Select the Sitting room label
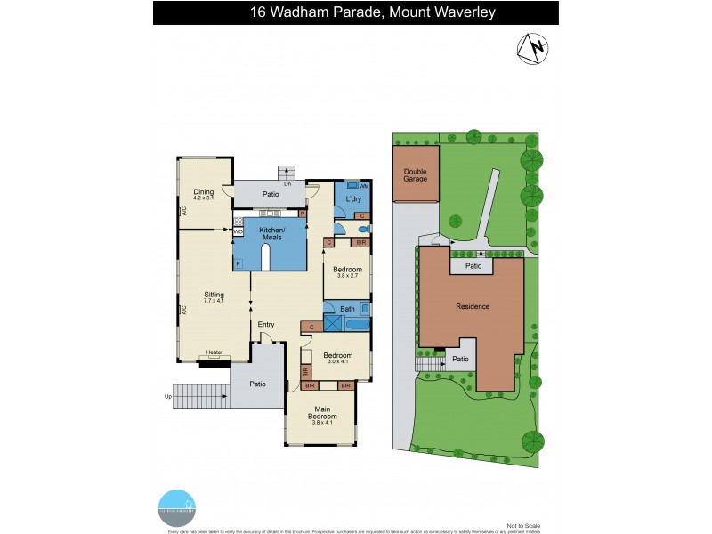click(214, 295)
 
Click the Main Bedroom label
click(320, 413)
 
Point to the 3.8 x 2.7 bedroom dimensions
click(347, 276)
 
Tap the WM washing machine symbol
click(363, 184)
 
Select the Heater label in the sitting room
click(214, 352)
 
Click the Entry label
click(266, 324)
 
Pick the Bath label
click(346, 309)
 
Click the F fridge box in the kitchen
click(239, 264)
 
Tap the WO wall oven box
click(239, 232)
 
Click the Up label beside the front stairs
click(167, 396)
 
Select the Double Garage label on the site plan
click(416, 175)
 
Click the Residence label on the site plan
click(473, 306)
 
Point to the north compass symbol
click(535, 48)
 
